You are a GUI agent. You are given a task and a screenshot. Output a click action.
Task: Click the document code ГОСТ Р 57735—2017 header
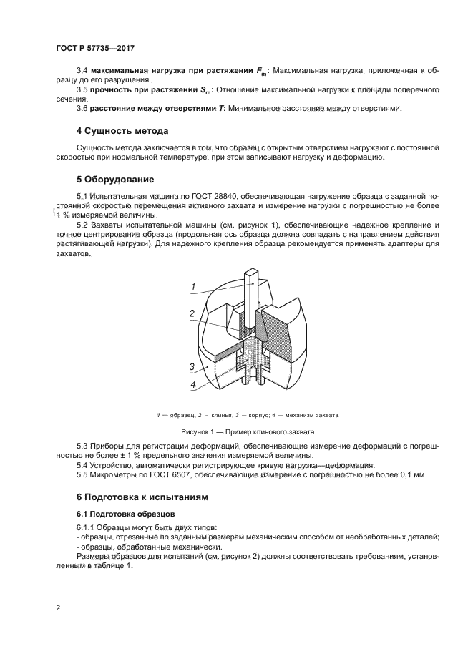95,48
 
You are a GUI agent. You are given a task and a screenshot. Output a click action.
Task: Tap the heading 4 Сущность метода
122,132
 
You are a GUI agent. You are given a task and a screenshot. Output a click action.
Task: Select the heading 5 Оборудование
115,178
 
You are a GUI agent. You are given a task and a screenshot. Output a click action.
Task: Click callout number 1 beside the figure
192,288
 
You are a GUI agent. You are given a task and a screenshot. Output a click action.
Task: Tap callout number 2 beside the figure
192,313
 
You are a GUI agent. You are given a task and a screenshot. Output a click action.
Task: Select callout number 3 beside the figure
192,366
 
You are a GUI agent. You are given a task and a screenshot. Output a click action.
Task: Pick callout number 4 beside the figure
192,384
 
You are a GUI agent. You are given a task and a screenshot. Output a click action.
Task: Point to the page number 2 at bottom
57,608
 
